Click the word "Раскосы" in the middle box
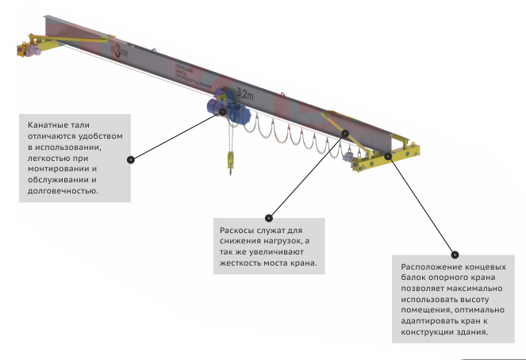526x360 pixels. (239, 230)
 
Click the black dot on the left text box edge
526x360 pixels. (131, 159)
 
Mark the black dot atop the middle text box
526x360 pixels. (269, 217)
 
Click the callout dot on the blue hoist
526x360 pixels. (223, 111)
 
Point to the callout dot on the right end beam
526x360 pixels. (389, 155)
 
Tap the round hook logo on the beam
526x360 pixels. (121, 52)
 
